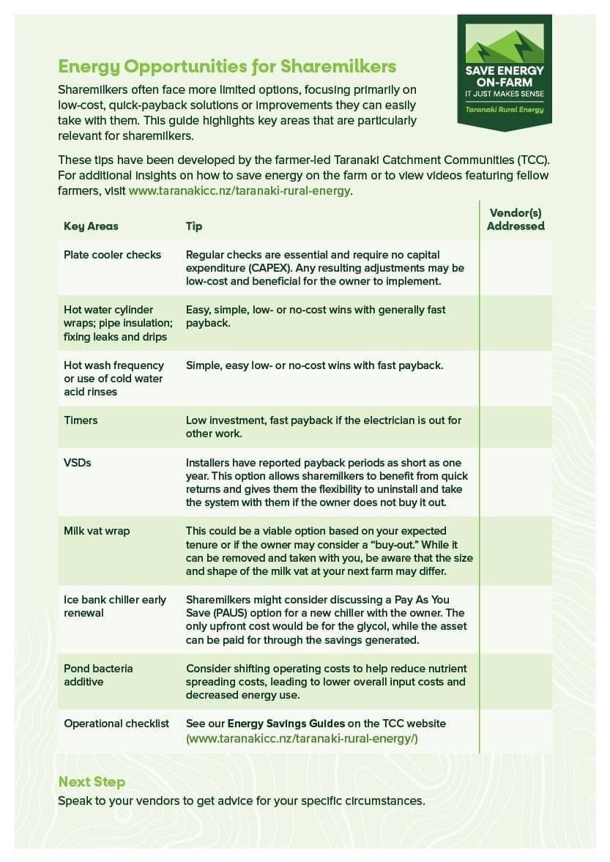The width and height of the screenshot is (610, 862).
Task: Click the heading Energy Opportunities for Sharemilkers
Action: [x=227, y=67]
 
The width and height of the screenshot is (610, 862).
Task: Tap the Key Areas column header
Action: [x=91, y=226]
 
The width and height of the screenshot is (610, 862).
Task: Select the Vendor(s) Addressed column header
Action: [x=516, y=220]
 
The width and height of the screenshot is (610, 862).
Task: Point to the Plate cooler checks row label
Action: [x=112, y=255]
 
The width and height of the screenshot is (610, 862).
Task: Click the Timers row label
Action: [x=81, y=420]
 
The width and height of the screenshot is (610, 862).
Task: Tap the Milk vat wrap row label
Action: [x=97, y=531]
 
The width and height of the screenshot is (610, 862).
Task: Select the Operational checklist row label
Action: [x=116, y=724]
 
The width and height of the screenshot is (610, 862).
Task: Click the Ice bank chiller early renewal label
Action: [x=115, y=606]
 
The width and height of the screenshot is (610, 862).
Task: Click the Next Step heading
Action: [x=92, y=781]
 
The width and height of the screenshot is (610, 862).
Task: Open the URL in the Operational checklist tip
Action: [x=302, y=738]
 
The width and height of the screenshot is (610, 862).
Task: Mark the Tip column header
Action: [x=194, y=226]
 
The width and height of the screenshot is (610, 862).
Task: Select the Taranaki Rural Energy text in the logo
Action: [x=505, y=109]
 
